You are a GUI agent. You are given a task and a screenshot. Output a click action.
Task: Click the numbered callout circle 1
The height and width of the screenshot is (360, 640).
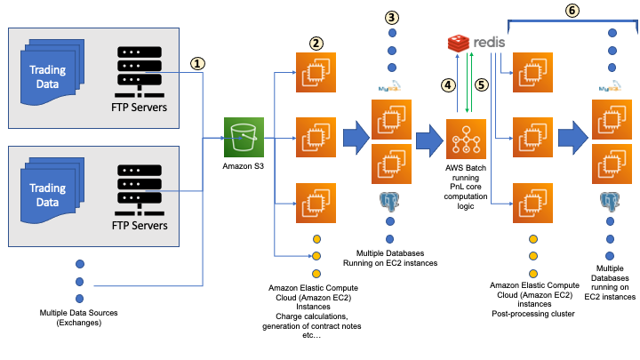coord(197,64)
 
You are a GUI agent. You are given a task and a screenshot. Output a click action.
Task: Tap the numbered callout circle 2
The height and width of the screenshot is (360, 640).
coord(316,42)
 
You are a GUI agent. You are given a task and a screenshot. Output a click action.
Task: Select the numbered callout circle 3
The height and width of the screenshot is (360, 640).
coord(391,17)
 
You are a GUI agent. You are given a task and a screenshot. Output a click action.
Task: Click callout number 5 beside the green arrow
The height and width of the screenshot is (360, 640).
coord(483,85)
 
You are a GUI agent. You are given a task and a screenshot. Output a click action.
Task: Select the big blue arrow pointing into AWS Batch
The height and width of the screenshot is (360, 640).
coord(428,140)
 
